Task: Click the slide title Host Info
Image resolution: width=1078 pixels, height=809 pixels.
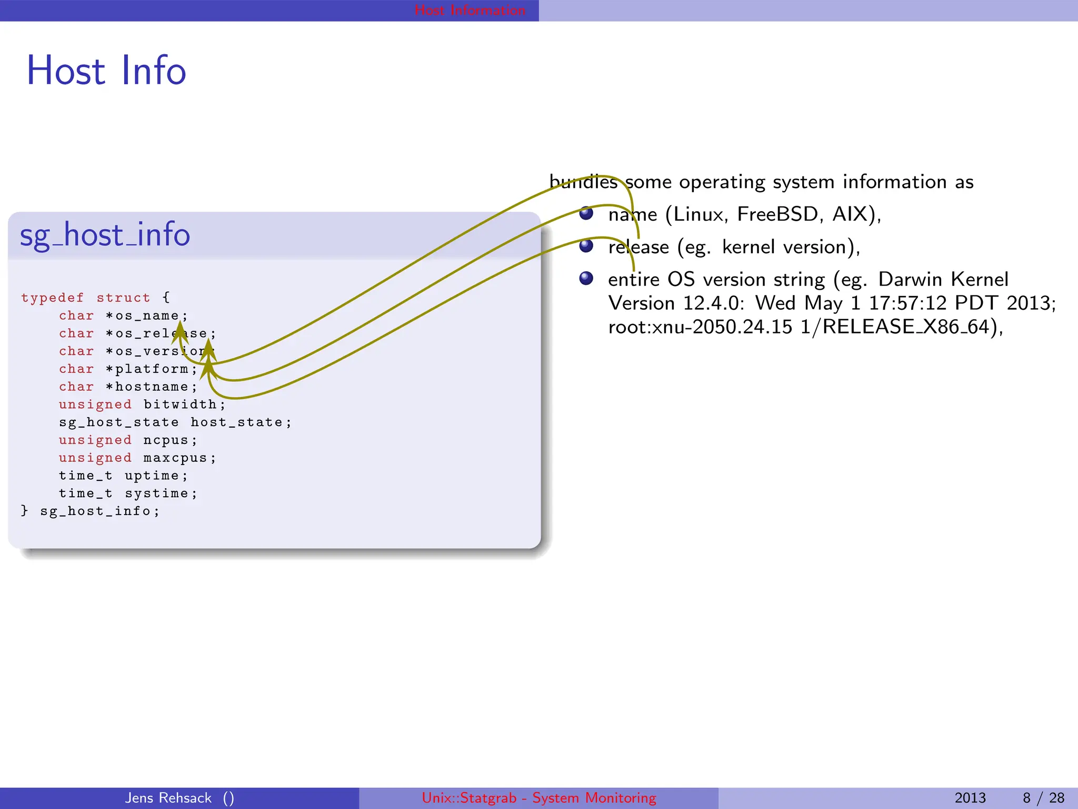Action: point(106,71)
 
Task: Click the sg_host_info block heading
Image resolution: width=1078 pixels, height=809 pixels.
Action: point(105,235)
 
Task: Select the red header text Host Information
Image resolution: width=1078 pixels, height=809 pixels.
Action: point(470,10)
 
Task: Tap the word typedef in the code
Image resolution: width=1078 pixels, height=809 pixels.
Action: point(52,298)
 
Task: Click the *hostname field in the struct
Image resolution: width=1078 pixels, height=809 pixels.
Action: point(151,387)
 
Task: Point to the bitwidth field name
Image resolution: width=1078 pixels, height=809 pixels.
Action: point(180,404)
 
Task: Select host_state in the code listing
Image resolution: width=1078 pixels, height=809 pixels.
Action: point(236,422)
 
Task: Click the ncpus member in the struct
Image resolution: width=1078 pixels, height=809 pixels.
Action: point(166,440)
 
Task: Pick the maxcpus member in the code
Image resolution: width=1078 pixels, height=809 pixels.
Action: point(175,458)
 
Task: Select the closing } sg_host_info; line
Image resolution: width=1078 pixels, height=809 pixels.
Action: point(89,511)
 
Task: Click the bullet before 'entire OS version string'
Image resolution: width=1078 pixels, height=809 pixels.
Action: point(586,278)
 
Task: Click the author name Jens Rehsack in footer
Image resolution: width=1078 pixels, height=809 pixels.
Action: point(168,798)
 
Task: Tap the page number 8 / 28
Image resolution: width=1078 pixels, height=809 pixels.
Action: point(1043,798)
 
